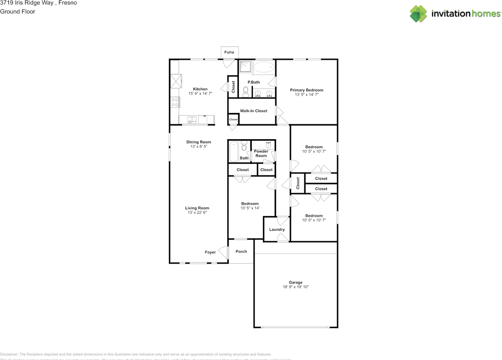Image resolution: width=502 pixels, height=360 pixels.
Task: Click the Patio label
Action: click(x=229, y=52)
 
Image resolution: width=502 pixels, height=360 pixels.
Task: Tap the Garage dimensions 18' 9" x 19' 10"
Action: click(x=296, y=287)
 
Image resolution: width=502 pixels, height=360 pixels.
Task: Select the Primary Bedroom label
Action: click(x=306, y=90)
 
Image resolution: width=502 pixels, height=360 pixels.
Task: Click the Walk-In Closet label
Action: click(x=254, y=111)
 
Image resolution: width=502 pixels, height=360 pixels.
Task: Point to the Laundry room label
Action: click(x=277, y=229)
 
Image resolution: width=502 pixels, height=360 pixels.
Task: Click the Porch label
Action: click(x=241, y=251)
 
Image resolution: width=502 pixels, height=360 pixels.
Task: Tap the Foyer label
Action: click(x=210, y=252)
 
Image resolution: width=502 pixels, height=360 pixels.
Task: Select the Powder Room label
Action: click(x=261, y=153)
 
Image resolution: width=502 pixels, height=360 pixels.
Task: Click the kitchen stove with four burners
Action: click(x=175, y=102)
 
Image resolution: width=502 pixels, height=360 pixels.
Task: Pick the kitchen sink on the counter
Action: click(x=192, y=120)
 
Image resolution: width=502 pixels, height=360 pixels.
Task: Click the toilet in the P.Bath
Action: click(x=246, y=92)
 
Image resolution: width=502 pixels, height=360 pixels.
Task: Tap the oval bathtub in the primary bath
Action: click(x=264, y=67)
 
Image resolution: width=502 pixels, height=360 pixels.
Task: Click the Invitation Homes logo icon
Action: click(x=419, y=14)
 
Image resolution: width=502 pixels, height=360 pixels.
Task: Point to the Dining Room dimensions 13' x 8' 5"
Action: click(x=198, y=147)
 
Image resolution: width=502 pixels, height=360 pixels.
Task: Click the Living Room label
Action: click(x=197, y=208)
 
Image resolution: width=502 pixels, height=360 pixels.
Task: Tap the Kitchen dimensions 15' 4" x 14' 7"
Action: click(x=200, y=94)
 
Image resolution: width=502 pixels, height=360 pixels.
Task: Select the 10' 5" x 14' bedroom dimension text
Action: click(x=250, y=208)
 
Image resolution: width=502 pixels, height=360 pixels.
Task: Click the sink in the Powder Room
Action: click(x=269, y=145)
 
